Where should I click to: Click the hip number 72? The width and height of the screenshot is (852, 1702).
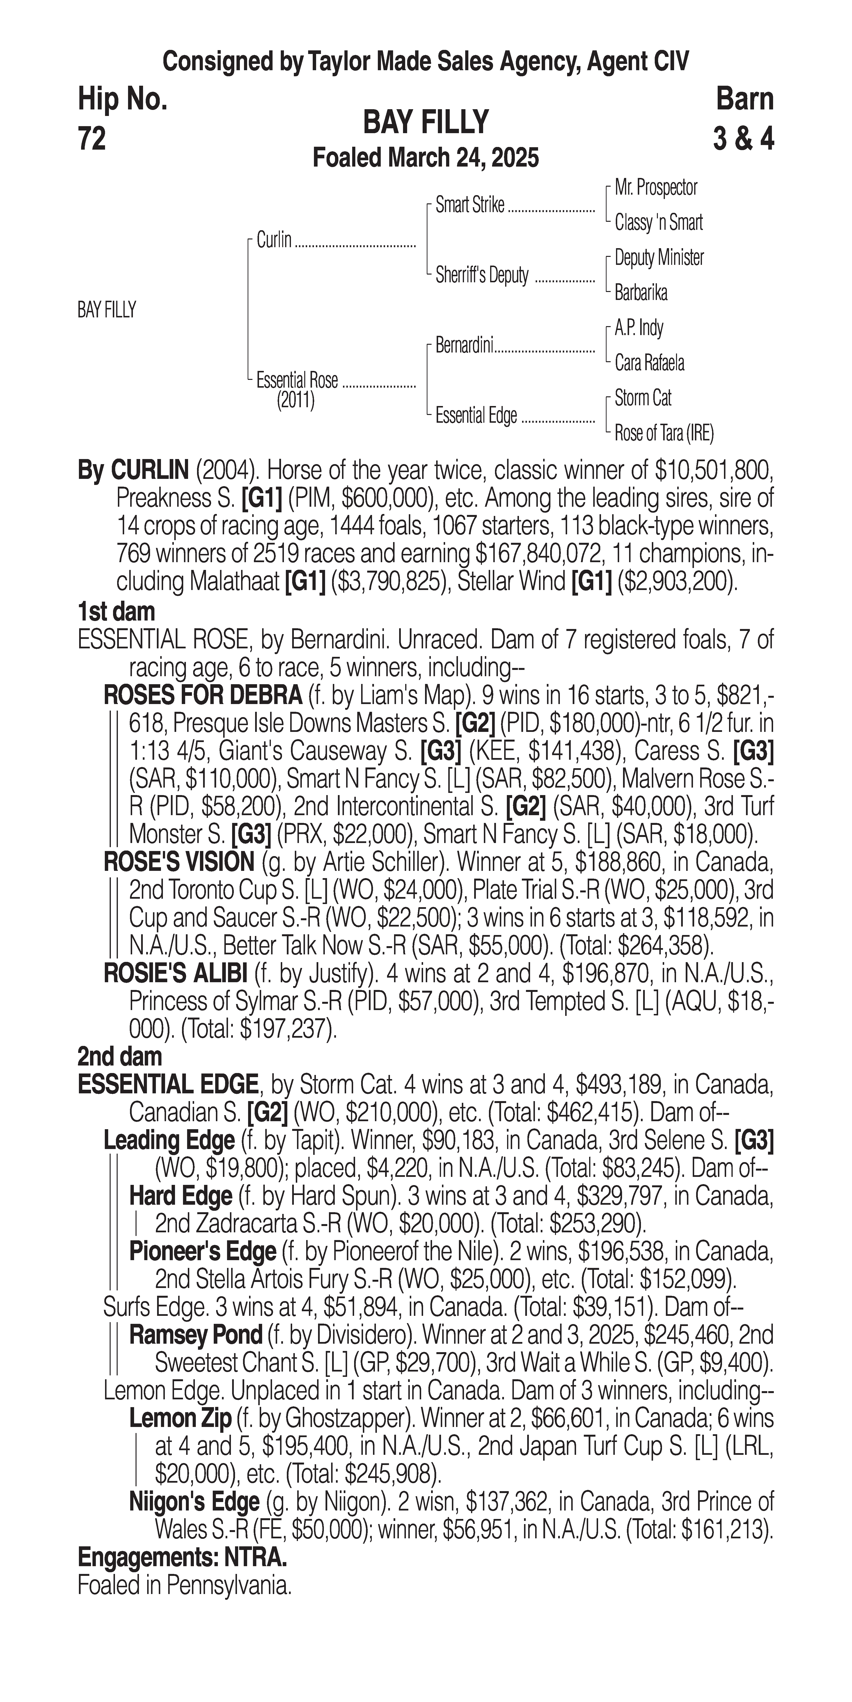[x=92, y=139]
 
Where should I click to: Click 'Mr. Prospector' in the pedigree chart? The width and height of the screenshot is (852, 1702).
[x=656, y=188]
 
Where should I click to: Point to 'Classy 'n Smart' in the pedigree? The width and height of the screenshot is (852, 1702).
[x=658, y=223]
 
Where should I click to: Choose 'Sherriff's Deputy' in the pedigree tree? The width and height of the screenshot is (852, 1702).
[x=482, y=276]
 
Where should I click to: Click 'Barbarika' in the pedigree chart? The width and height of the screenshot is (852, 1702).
[x=641, y=293]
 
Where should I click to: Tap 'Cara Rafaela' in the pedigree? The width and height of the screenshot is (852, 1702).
[x=649, y=363]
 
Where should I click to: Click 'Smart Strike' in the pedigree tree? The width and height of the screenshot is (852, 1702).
[x=470, y=206]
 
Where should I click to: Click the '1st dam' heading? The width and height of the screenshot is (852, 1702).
[x=116, y=612]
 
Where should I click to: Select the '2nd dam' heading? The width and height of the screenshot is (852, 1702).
[x=120, y=1057]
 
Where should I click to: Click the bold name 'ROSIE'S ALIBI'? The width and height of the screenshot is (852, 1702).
[x=176, y=973]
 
